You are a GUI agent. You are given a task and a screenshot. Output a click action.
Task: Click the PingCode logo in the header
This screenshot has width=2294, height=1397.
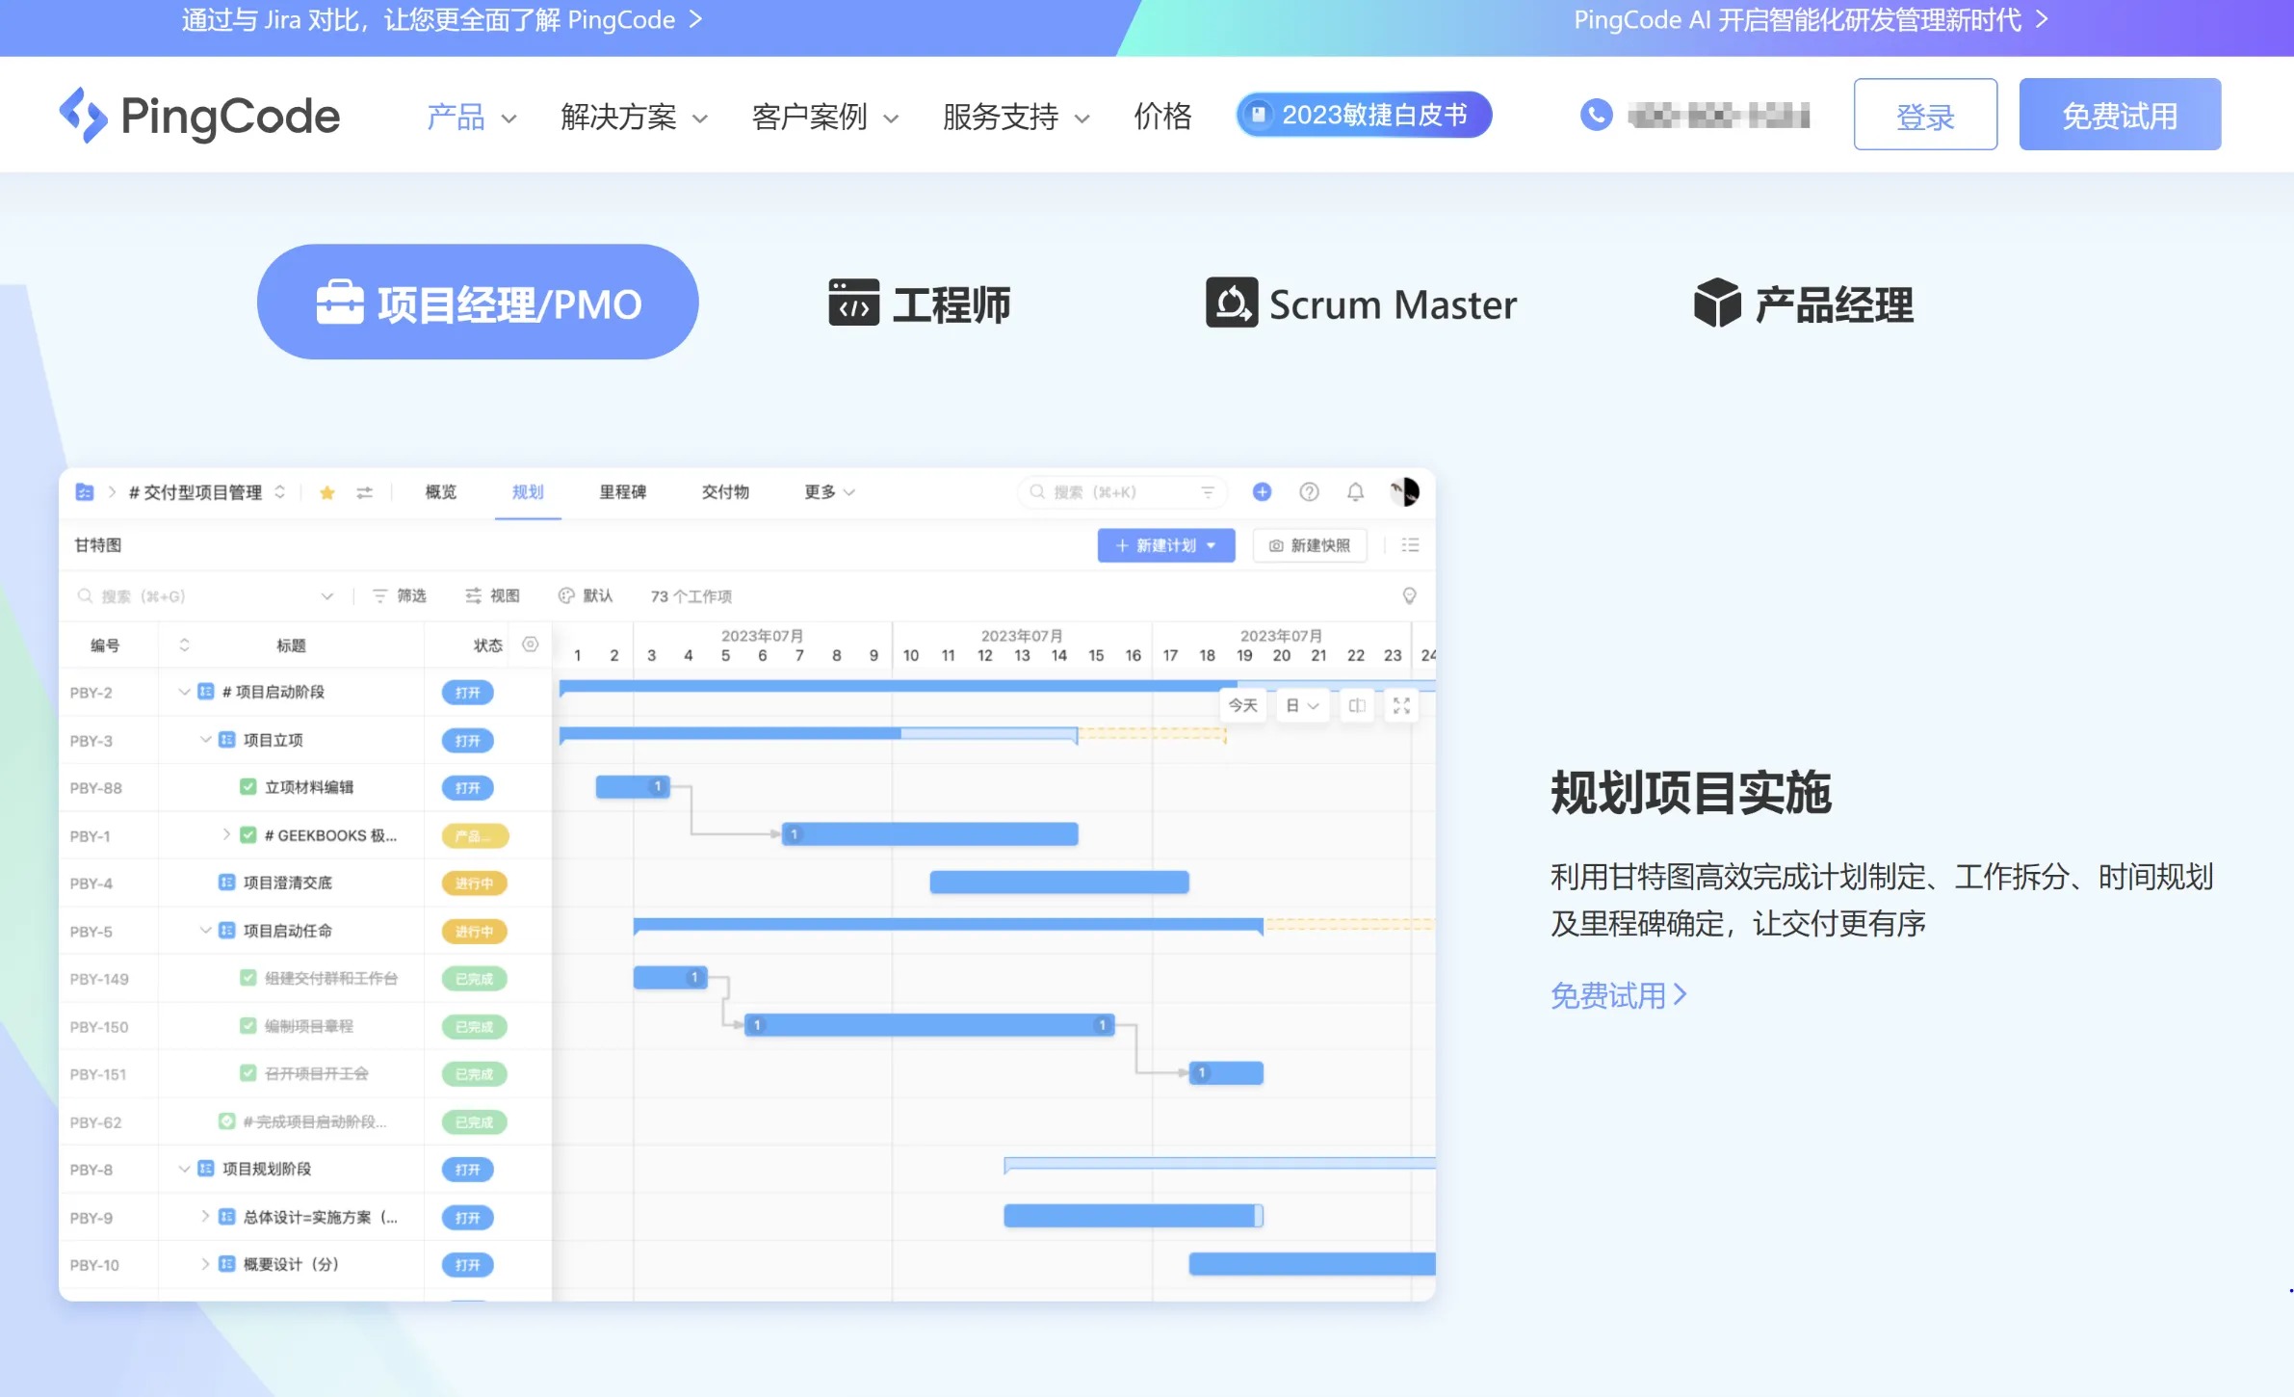(x=199, y=116)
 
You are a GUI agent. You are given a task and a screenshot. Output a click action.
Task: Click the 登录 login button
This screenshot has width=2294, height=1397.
(x=1924, y=116)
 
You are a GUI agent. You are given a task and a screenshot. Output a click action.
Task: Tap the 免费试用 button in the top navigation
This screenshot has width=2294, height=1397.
(x=2119, y=116)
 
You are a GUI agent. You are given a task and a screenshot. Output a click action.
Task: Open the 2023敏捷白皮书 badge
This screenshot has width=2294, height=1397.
(x=1364, y=116)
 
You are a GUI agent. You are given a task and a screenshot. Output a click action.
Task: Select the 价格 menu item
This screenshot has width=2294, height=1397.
(x=1162, y=117)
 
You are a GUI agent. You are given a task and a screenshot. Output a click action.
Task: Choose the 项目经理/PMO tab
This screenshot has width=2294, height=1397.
(x=478, y=303)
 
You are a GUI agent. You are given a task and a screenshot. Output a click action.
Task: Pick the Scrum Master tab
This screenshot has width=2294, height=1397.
(x=1361, y=304)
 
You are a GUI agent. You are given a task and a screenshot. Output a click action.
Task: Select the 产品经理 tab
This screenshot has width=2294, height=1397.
(x=1804, y=304)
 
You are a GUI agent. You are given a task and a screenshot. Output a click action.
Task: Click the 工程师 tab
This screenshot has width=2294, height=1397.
(x=920, y=304)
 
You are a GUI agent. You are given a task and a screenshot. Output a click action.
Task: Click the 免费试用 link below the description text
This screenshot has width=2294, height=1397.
(x=1618, y=995)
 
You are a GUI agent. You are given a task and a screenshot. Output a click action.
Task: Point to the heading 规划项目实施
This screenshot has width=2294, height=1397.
(x=1690, y=793)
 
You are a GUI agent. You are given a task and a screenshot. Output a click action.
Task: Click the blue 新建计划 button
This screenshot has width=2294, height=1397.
(x=1165, y=545)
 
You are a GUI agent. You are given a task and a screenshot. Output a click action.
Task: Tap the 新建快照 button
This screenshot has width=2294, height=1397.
(x=1310, y=545)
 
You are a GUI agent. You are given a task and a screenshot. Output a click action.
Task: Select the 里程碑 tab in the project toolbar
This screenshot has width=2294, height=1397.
(x=622, y=492)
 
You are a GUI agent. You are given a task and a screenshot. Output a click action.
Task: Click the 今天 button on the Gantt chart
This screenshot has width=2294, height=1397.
(x=1242, y=705)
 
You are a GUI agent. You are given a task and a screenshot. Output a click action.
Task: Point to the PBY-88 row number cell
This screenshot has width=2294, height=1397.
(x=96, y=788)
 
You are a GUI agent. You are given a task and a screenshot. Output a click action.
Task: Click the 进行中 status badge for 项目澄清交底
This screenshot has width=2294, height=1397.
(x=474, y=883)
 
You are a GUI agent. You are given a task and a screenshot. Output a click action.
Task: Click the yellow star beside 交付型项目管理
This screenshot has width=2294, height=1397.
(x=327, y=492)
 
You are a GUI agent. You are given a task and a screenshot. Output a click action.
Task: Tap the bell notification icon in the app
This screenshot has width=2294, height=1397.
(x=1355, y=492)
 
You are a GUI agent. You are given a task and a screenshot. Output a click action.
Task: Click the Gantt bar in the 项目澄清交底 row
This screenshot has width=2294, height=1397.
(x=1058, y=883)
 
